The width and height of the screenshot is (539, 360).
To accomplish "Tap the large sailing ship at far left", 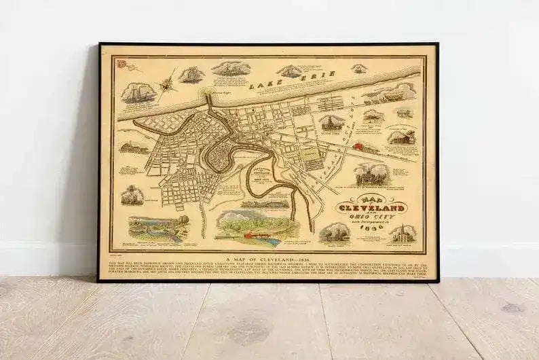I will pyautogui.click(x=138, y=92).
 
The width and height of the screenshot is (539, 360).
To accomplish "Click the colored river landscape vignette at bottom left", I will pyautogui.click(x=157, y=228).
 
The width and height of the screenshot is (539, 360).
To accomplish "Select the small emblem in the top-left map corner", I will pyautogui.click(x=122, y=65).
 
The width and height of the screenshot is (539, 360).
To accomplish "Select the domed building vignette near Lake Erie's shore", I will pyautogui.click(x=331, y=122).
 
